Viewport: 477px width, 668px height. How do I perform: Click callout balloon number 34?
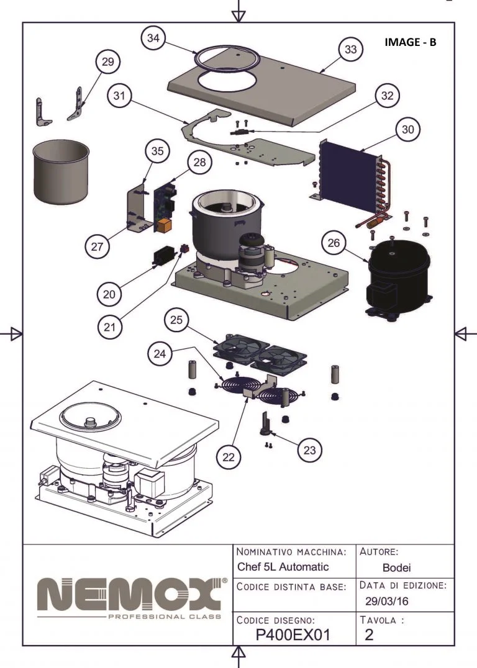tap(153, 38)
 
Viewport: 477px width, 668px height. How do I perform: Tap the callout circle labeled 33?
tap(351, 50)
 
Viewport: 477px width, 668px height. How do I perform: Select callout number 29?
tap(107, 62)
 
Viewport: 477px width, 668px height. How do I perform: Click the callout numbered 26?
tap(334, 243)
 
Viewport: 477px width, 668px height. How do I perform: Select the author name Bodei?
tap(397, 567)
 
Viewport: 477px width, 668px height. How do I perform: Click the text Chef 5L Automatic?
tap(283, 567)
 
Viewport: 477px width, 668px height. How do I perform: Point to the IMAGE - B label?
tap(411, 42)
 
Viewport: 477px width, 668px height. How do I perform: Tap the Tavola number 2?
tap(370, 634)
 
